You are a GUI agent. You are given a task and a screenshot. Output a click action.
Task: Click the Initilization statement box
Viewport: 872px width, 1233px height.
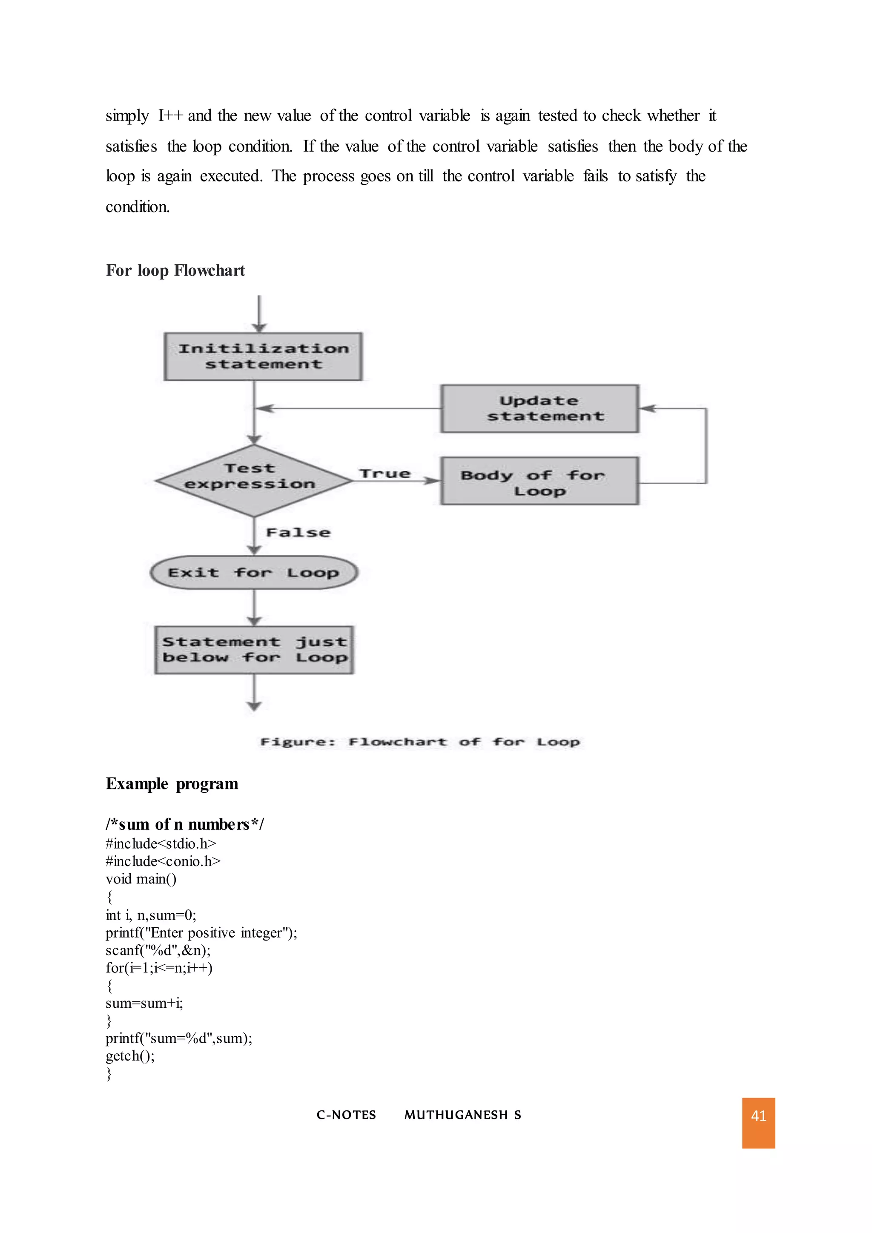point(263,357)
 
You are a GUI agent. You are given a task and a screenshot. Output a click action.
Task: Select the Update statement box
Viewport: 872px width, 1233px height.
point(539,409)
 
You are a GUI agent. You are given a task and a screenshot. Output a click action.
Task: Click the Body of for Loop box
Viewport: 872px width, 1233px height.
point(539,481)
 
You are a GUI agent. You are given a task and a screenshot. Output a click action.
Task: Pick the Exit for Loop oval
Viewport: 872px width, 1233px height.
point(254,573)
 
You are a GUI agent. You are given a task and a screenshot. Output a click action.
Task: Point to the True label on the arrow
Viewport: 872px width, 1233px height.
point(385,473)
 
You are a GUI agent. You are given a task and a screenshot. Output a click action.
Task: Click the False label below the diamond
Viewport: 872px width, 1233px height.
point(298,533)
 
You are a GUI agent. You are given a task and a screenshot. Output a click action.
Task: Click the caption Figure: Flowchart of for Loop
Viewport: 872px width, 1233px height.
point(419,742)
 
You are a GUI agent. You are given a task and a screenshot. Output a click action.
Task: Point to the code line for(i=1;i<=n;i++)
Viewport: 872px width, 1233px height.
point(159,968)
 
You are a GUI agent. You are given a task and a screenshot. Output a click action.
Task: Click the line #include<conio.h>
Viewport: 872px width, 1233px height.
point(163,861)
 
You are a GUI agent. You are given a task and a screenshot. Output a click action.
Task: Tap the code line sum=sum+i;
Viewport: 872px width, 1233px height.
point(144,1003)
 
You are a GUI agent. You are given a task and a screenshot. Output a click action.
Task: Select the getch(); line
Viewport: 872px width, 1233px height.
point(130,1056)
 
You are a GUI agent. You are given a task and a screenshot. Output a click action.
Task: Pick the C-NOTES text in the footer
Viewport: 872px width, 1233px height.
point(346,1115)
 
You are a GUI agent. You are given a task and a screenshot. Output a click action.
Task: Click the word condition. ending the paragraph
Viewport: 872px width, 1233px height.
point(138,207)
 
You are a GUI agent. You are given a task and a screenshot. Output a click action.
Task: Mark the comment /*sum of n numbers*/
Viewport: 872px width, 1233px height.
point(185,824)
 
